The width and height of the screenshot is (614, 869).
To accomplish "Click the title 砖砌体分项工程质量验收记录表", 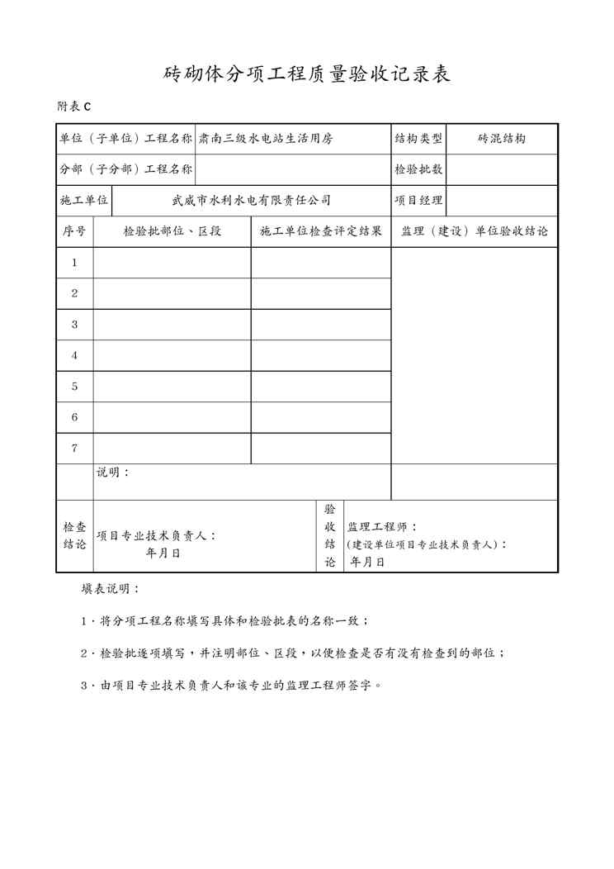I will tap(307, 74).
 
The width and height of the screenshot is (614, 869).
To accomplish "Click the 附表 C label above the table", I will tap(73, 107).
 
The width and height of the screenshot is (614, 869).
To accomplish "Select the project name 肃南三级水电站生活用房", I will tap(266, 139).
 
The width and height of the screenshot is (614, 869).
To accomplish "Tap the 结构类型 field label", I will tap(418, 139).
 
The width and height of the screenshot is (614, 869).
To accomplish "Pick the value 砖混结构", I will tap(502, 139).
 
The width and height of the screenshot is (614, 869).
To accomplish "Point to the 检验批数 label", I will tap(418, 169).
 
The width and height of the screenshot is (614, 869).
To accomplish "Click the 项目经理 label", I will tap(418, 200).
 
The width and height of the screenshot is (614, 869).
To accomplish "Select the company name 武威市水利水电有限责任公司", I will tap(251, 200).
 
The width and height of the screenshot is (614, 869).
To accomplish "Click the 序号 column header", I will tap(74, 231).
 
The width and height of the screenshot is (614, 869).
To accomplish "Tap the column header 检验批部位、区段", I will tap(172, 231).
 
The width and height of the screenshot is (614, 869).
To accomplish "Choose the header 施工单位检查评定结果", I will tap(320, 231).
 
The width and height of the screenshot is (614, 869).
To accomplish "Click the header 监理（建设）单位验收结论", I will tap(475, 231).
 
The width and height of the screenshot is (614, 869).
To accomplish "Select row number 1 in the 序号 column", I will tap(74, 263).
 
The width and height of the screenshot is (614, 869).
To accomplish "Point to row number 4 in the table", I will tap(74, 355).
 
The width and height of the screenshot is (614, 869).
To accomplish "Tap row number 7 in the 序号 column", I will tap(74, 449).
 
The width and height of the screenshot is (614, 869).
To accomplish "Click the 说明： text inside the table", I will tap(113, 472).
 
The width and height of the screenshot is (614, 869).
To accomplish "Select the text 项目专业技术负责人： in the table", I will tap(157, 535).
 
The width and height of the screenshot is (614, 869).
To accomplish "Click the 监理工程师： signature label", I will tap(382, 527).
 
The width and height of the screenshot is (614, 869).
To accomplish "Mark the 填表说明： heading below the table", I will tap(111, 589).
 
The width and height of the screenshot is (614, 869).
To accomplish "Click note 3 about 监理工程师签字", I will tap(231, 685).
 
